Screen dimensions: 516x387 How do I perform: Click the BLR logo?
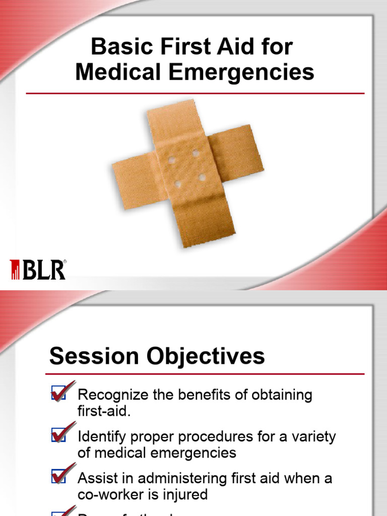pos(38,270)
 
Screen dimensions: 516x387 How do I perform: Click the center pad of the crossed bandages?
pos(186,169)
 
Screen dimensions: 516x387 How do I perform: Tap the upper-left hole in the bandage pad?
pos(172,159)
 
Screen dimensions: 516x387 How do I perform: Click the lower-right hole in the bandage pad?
pos(202,177)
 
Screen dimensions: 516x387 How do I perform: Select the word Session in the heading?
pos(94,356)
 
